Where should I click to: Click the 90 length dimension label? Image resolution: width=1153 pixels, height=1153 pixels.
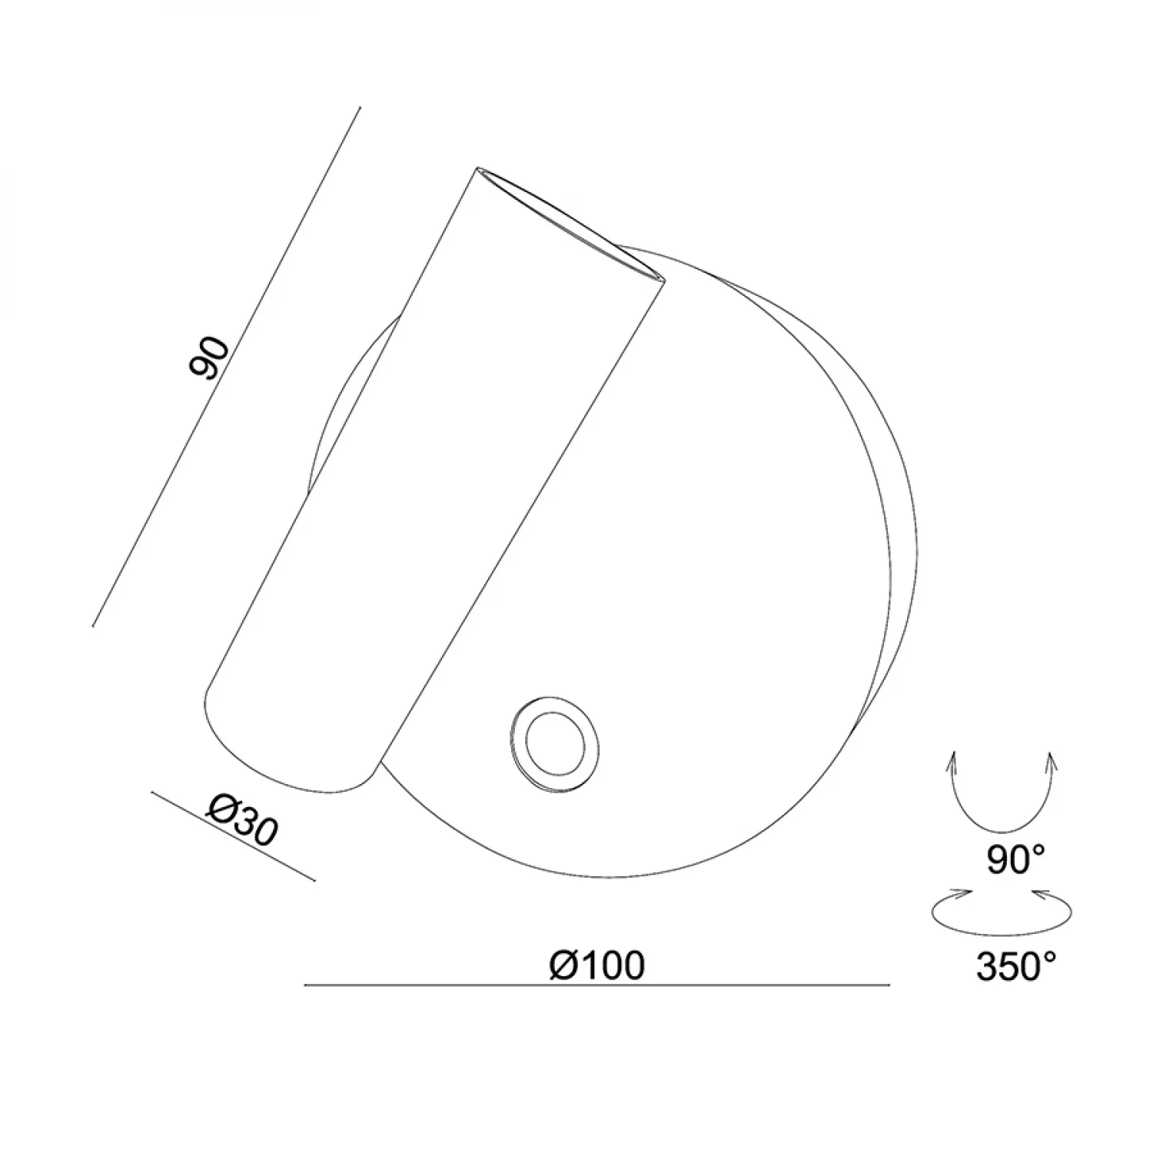click(x=208, y=358)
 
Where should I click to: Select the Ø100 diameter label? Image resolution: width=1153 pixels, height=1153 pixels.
click(x=597, y=965)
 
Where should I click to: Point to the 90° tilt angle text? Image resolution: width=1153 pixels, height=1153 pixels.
click(x=1015, y=860)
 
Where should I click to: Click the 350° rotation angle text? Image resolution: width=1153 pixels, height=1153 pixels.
click(x=1017, y=966)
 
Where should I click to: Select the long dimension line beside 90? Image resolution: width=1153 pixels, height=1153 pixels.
click(x=226, y=367)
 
